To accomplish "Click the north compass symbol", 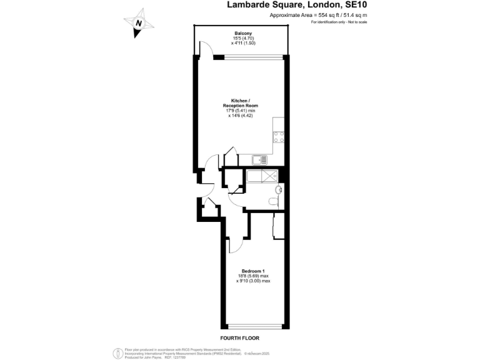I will (x=139, y=23).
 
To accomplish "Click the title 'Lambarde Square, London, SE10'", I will (x=297, y=5).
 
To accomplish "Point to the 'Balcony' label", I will (x=243, y=33).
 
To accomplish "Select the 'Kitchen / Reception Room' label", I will (x=241, y=103).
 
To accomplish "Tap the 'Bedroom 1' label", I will (x=253, y=271).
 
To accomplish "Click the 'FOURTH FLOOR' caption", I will (x=239, y=337).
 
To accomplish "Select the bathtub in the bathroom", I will (x=262, y=176).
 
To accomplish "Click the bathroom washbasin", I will (x=277, y=189).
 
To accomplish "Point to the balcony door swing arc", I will (x=203, y=47).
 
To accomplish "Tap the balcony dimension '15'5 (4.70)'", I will (x=243, y=38).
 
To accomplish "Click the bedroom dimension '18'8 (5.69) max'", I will (x=253, y=276).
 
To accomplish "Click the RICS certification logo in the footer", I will (x=117, y=352).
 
